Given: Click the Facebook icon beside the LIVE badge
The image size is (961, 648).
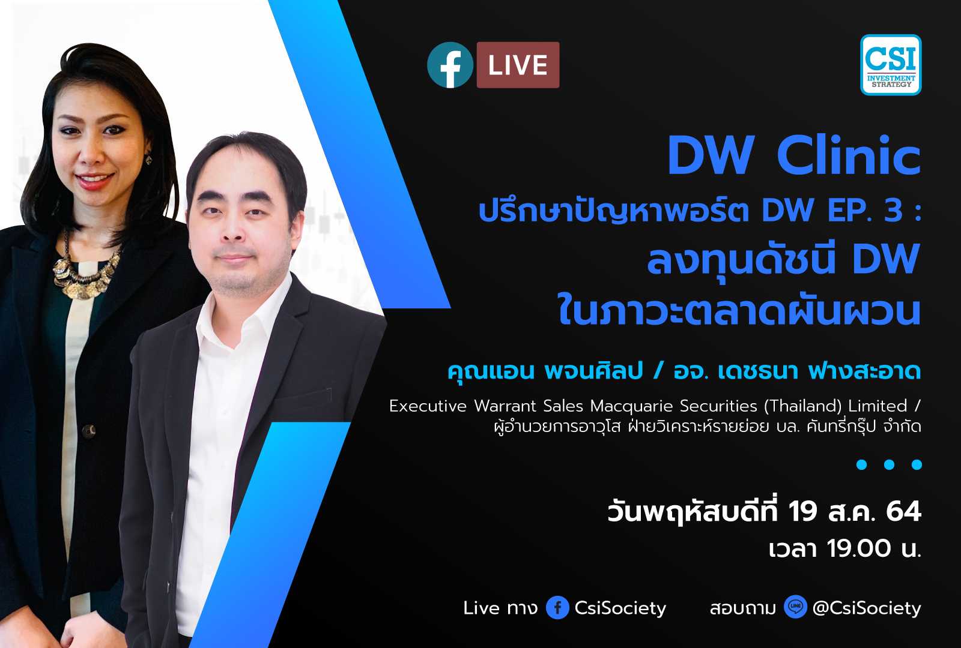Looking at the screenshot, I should (x=450, y=65).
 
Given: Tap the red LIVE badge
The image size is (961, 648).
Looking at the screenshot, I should (x=518, y=65).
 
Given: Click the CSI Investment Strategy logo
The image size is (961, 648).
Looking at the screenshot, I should (x=891, y=65).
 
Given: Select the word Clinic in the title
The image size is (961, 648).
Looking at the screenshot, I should (x=848, y=156).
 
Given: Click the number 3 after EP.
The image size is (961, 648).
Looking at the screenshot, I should (x=893, y=210).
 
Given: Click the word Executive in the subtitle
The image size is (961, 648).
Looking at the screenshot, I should (x=428, y=406).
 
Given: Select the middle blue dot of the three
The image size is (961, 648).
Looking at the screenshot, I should (x=890, y=464).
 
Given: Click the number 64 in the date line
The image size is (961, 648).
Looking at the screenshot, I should (x=903, y=511).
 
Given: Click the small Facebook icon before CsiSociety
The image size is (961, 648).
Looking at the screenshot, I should (x=557, y=608).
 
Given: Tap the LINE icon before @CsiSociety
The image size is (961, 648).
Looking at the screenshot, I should (x=795, y=607).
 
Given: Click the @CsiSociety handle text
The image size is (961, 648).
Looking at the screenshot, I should (x=867, y=608).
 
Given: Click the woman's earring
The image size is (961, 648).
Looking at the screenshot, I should (x=148, y=160).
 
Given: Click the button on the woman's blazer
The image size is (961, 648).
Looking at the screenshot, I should (x=89, y=430).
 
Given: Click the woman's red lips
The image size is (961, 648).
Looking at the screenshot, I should (x=94, y=179).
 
